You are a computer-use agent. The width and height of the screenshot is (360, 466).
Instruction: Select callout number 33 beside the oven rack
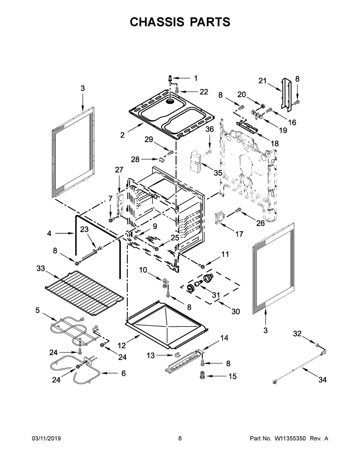[x=41, y=268]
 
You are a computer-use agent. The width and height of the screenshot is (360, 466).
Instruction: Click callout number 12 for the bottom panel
[x=122, y=346]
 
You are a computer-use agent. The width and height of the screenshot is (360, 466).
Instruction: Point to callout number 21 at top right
[x=262, y=81]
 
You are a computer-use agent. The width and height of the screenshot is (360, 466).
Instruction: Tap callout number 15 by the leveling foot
[x=233, y=376]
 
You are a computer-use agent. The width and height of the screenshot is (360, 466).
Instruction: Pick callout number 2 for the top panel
[x=123, y=135]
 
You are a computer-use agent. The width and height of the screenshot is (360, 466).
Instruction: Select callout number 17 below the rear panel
[x=239, y=234]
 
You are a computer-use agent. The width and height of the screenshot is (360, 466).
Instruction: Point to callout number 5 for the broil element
[x=37, y=310]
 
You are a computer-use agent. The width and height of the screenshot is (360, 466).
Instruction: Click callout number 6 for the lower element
[x=123, y=373]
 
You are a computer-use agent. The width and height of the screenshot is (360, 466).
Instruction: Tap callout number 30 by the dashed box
[x=235, y=311]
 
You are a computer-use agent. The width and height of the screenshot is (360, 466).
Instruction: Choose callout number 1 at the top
[x=196, y=78]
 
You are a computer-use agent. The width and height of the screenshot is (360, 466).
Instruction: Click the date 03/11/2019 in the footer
[x=46, y=439]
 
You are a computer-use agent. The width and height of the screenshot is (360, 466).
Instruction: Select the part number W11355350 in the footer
[x=290, y=439]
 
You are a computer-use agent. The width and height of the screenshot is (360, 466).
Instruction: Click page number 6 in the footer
[x=180, y=439]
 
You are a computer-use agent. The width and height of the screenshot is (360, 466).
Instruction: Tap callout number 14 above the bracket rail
[x=224, y=338]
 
